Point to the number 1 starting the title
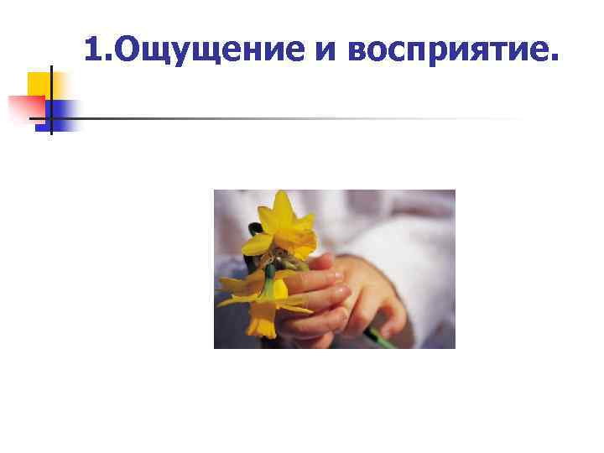[x=93, y=50]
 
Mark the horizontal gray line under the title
[x=294, y=118]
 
